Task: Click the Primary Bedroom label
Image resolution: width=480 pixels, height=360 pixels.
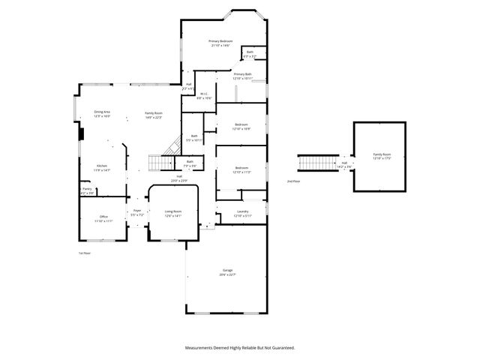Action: tap(220, 43)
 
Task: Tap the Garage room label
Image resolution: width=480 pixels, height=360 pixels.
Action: tap(227, 271)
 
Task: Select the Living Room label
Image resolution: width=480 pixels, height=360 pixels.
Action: tap(173, 213)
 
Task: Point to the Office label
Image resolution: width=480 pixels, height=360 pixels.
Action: tap(103, 218)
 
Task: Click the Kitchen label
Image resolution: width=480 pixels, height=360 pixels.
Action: tap(102, 168)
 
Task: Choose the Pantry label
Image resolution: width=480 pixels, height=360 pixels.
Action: tap(87, 190)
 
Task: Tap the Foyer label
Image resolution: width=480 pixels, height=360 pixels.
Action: tap(137, 212)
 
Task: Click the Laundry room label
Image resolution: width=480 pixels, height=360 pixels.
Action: tap(241, 213)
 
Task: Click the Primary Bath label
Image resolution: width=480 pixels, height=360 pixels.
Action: tap(242, 76)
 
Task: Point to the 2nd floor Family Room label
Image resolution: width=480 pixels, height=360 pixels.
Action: tap(382, 156)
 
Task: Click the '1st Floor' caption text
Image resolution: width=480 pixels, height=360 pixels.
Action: tap(85, 253)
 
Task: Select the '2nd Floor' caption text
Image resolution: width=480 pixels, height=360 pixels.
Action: tap(292, 181)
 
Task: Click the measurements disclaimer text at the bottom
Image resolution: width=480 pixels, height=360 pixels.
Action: tap(240, 348)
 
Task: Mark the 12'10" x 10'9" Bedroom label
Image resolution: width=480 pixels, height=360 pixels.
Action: tap(241, 126)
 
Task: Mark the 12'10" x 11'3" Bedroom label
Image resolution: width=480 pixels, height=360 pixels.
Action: tap(241, 169)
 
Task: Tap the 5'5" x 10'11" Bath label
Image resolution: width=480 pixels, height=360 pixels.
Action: tap(193, 138)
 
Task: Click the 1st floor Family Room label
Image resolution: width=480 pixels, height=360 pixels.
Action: tap(154, 114)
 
